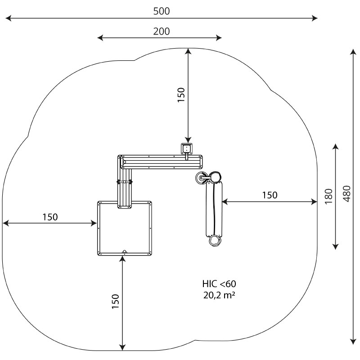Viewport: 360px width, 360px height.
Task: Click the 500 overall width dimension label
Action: [x=162, y=11]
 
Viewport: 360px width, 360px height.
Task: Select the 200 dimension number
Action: [x=162, y=31]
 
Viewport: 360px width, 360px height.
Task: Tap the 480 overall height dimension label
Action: [x=346, y=193]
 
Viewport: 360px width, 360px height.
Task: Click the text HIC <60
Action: [x=219, y=284]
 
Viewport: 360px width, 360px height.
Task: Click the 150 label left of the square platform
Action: [x=50, y=217]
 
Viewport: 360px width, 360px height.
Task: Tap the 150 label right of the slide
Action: [x=270, y=195]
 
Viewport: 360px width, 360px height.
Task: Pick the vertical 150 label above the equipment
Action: [x=181, y=95]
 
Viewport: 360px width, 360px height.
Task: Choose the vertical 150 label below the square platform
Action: [x=115, y=301]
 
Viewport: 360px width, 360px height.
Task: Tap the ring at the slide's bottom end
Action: [x=215, y=240]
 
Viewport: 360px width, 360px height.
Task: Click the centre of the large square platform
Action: [x=125, y=228]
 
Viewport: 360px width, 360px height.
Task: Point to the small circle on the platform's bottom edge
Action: [x=125, y=252]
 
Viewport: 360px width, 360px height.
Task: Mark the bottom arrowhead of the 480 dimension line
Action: [x=353, y=339]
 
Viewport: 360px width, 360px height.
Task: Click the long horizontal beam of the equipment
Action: [x=162, y=161]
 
